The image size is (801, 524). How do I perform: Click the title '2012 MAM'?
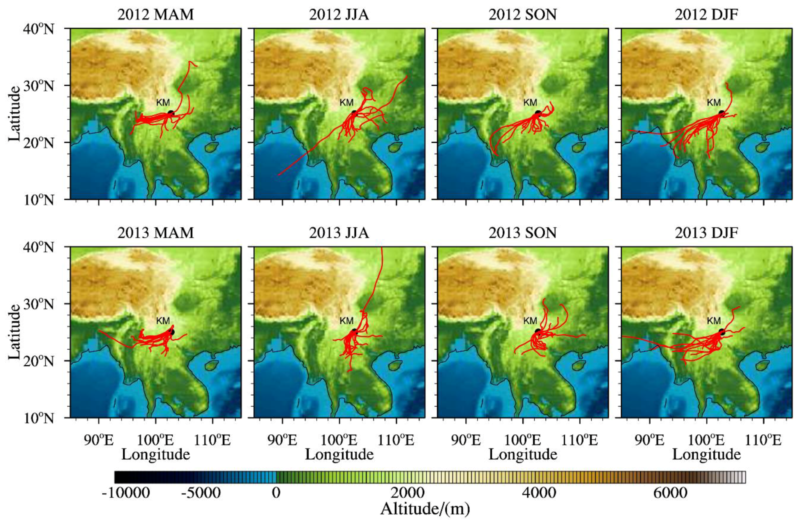point(156,15)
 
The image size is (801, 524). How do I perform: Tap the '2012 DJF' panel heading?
point(706,15)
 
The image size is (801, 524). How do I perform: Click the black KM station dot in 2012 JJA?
point(354,113)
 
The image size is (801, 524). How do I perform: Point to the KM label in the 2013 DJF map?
point(713,320)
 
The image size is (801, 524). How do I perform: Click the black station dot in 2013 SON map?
point(538,331)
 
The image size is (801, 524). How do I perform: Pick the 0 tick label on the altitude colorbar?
point(276,493)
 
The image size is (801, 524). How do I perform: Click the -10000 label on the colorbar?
point(126,493)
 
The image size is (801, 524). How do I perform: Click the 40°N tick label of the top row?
point(38,29)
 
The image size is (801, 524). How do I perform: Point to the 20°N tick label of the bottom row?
point(38,361)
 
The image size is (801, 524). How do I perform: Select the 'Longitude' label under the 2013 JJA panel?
point(339,454)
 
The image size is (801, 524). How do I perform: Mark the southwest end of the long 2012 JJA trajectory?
point(279,175)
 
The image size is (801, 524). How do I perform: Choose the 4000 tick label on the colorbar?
point(539,493)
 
